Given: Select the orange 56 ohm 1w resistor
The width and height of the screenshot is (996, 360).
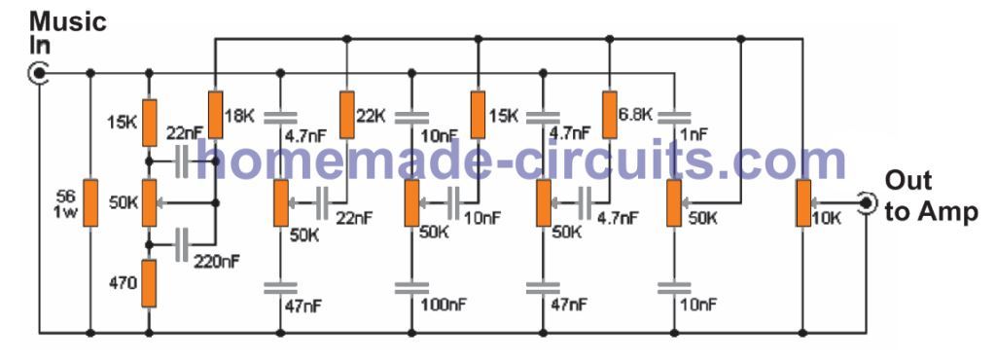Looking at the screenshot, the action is click(x=89, y=201).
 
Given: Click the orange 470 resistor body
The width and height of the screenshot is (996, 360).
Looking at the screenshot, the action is click(x=149, y=282).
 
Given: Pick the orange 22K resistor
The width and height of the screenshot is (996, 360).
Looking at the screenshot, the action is click(x=346, y=115).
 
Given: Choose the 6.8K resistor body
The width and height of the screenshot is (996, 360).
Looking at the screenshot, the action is click(x=609, y=115).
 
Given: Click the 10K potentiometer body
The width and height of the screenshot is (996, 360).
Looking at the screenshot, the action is click(x=803, y=202).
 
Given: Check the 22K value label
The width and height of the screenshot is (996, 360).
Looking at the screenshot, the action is click(x=371, y=114).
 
